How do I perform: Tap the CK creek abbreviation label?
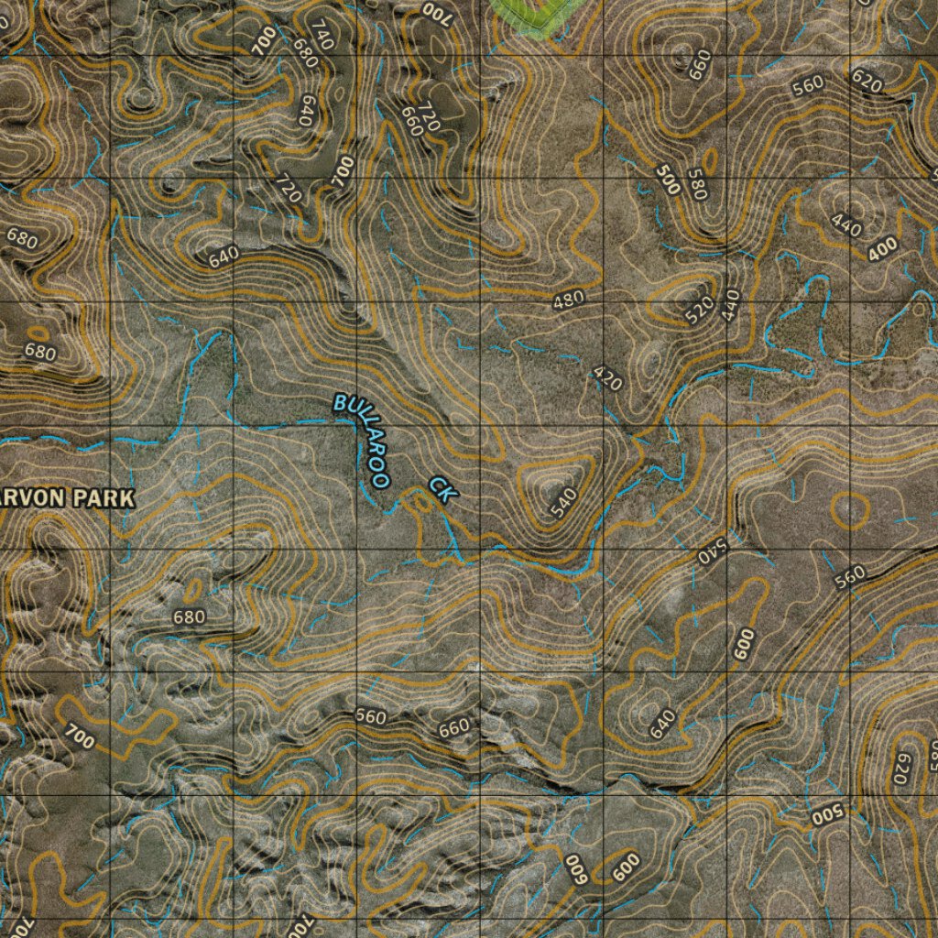click(x=442, y=489)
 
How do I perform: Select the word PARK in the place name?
click(x=104, y=498)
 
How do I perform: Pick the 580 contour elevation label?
click(x=703, y=183)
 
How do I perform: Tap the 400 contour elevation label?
click(x=883, y=247)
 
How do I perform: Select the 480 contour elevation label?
click(x=569, y=300)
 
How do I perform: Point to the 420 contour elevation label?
click(x=607, y=377)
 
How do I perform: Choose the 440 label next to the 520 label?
click(x=730, y=303)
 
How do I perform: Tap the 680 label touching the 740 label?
click(x=304, y=53)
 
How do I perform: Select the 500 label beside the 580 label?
click(x=669, y=180)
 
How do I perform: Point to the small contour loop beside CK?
click(x=420, y=500)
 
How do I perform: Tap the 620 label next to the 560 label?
click(x=866, y=82)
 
